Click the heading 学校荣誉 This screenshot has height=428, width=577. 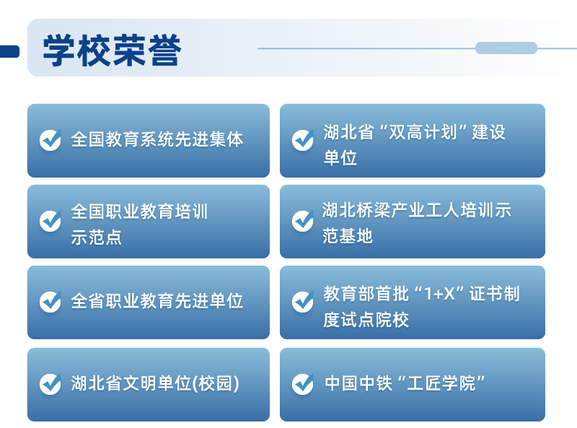click(113, 50)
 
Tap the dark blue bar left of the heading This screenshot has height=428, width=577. click(9, 51)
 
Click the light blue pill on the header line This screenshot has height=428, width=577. click(506, 48)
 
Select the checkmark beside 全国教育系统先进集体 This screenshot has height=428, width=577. click(50, 140)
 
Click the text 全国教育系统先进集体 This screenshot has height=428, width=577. click(157, 139)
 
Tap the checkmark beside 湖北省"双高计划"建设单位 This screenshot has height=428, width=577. click(303, 140)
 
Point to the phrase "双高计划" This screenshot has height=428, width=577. click(423, 132)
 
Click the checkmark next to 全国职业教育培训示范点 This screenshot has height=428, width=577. click(50, 221)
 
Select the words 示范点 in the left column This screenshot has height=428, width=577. click(96, 237)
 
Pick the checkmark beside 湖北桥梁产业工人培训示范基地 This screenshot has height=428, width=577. click(303, 221)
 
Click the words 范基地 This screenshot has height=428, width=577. click(348, 236)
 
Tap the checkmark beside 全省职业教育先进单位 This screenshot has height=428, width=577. click(50, 302)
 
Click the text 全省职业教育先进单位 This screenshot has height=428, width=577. click(157, 301)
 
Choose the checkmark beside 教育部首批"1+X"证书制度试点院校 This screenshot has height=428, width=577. click(303, 302)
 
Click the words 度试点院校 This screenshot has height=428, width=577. click(366, 320)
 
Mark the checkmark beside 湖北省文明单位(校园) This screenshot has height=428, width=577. click(50, 384)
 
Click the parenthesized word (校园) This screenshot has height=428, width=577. click(216, 383)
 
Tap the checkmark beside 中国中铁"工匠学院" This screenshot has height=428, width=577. click(303, 384)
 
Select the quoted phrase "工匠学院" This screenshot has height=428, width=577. click(441, 383)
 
